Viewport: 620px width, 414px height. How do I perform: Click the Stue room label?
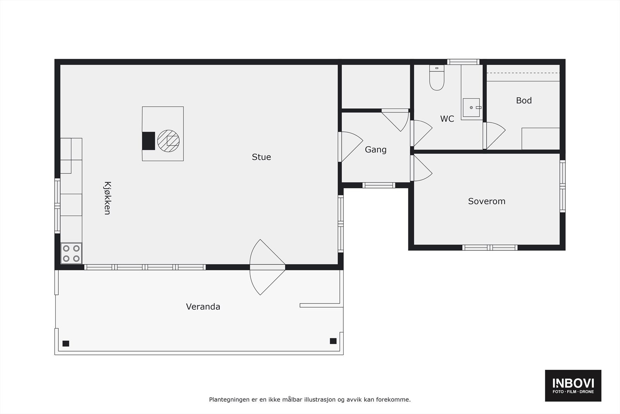click(261, 157)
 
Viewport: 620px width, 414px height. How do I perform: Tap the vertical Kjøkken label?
click(107, 198)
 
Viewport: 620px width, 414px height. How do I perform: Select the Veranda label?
click(203, 307)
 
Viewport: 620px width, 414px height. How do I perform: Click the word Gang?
click(375, 150)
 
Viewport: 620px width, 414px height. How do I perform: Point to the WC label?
click(447, 119)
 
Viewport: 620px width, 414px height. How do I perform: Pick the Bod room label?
click(524, 100)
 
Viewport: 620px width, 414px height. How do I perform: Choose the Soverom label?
click(486, 201)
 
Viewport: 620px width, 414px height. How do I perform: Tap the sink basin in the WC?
click(471, 107)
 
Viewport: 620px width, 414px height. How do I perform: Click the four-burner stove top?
click(71, 253)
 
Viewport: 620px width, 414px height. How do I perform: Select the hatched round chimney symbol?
click(168, 140)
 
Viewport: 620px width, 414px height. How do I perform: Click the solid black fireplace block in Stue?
click(148, 140)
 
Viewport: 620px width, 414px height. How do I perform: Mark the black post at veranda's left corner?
click(66, 343)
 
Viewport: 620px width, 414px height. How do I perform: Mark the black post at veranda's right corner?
click(333, 341)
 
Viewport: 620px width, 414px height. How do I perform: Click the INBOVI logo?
click(573, 385)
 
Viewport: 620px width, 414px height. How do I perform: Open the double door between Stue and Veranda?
click(267, 267)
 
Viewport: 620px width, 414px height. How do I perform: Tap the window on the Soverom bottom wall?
click(490, 247)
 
